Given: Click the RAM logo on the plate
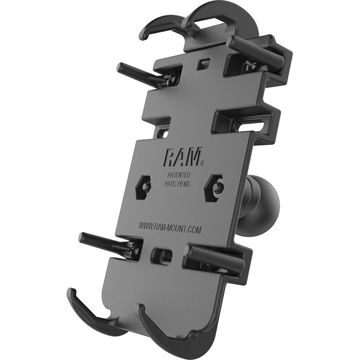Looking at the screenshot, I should coord(181,157).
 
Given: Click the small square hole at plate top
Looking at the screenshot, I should coord(204,64).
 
